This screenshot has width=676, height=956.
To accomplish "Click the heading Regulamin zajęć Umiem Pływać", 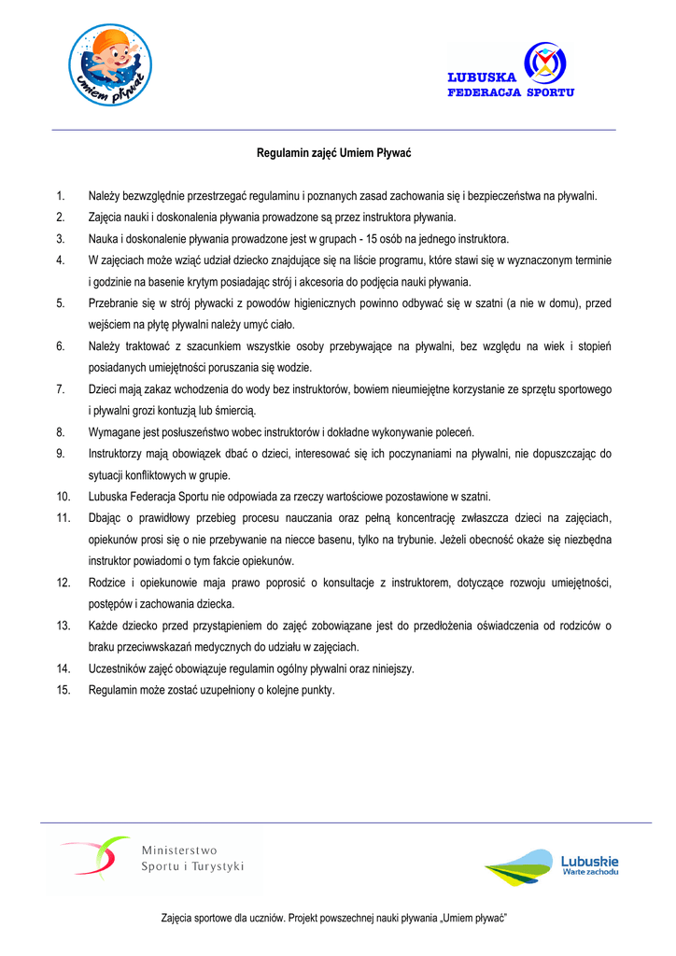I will point(334,151).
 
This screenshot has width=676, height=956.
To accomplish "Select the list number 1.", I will point(60,196).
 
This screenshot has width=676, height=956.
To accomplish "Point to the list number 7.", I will point(60,389).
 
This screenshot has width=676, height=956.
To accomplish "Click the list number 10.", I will point(63,497).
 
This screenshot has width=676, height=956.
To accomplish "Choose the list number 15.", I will point(63,690).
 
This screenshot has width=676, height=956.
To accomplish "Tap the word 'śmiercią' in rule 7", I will point(232,411).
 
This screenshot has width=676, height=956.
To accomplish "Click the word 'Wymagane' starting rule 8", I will point(114,432).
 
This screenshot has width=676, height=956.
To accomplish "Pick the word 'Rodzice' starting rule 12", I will point(106,583).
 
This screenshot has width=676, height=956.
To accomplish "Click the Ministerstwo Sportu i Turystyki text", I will point(192,858).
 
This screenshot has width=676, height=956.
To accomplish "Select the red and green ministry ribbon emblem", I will point(97,856).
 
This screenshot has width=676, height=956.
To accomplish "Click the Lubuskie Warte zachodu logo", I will point(552,867).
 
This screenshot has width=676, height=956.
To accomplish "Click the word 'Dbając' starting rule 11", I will point(105,518).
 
